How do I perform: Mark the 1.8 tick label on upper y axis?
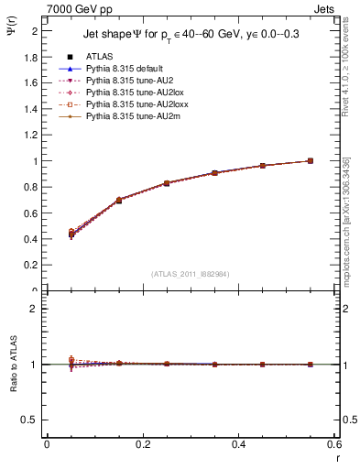pos(31,57)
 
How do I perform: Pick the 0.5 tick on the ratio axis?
pos(30,420)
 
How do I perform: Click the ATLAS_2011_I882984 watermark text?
pos(190,274)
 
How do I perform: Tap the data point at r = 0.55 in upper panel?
pos(311,161)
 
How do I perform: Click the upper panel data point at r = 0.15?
pos(119,200)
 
